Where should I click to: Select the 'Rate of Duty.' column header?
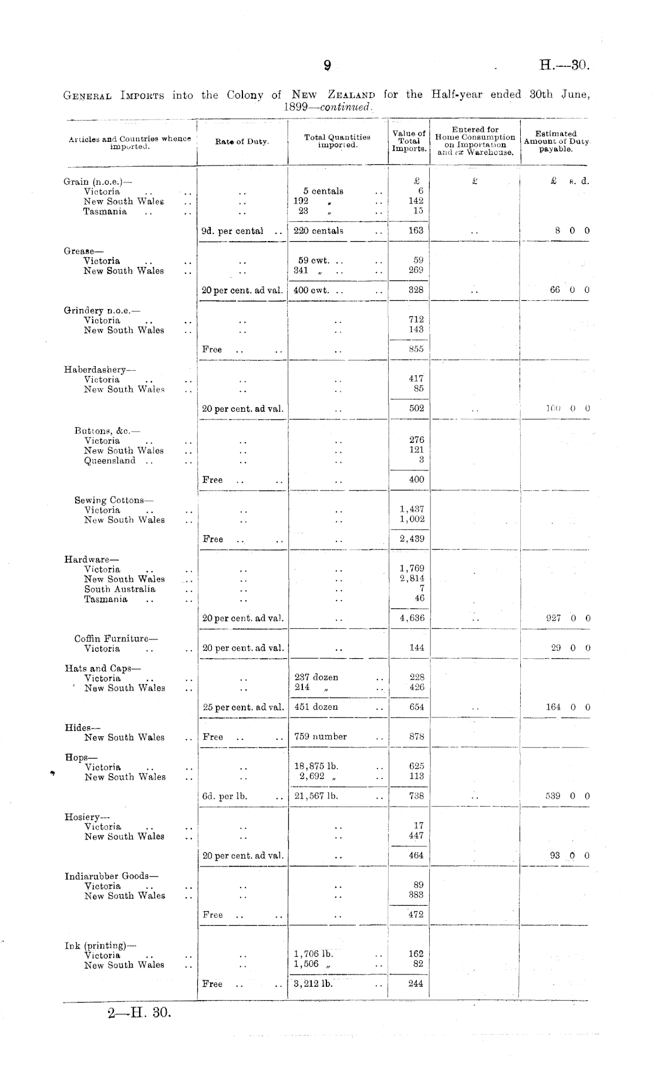tap(241, 142)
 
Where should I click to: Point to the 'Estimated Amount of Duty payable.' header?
tap(555, 141)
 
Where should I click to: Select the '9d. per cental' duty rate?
tap(232, 231)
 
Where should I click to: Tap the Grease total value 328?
tap(416, 290)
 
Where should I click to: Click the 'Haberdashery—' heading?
tap(99, 370)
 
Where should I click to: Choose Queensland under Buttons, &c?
tap(110, 460)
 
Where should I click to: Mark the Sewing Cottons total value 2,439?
tap(412, 539)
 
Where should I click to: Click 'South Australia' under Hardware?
tap(120, 589)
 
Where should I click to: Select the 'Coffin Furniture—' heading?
tap(116, 638)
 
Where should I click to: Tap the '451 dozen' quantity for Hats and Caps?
tap(316, 707)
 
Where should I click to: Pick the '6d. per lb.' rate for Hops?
tap(224, 796)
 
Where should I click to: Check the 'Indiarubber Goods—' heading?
tap(111, 876)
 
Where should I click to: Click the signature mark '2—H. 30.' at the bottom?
tap(139, 1013)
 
